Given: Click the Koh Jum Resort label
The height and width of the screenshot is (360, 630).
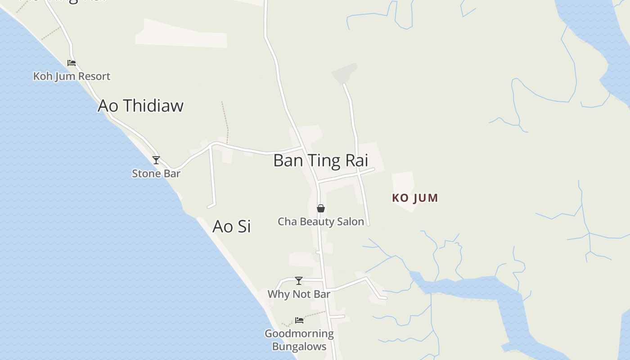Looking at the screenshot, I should pos(72,76).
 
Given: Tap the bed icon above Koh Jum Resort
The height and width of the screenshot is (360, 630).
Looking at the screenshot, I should pos(72,63).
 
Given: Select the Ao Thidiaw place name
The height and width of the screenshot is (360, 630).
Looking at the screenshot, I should pos(140,106).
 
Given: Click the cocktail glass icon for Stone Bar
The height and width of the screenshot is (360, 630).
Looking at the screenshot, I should pos(156,160).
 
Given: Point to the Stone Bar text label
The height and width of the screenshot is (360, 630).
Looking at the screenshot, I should pos(156,173).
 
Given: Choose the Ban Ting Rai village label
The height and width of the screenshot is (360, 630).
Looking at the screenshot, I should pos(320,161).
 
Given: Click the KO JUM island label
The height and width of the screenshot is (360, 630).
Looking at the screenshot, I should pos(415,198).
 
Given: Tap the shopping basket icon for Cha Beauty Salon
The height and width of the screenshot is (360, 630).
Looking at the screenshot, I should pos(321,208).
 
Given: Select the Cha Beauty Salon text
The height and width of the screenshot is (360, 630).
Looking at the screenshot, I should pos(320,221).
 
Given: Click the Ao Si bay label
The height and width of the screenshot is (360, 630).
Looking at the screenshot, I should pos(231,226).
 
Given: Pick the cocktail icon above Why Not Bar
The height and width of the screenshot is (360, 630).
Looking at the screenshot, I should pos(299,281).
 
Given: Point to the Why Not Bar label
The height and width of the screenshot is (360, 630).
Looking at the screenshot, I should pos(299,294).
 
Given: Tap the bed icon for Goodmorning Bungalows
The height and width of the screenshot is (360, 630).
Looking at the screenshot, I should pos(299,320).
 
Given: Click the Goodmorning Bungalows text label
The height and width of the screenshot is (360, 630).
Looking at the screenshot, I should pos(299,340).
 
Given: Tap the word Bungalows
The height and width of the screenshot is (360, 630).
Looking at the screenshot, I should pos(299,346).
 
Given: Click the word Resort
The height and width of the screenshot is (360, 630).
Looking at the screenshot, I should pos(94,76).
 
